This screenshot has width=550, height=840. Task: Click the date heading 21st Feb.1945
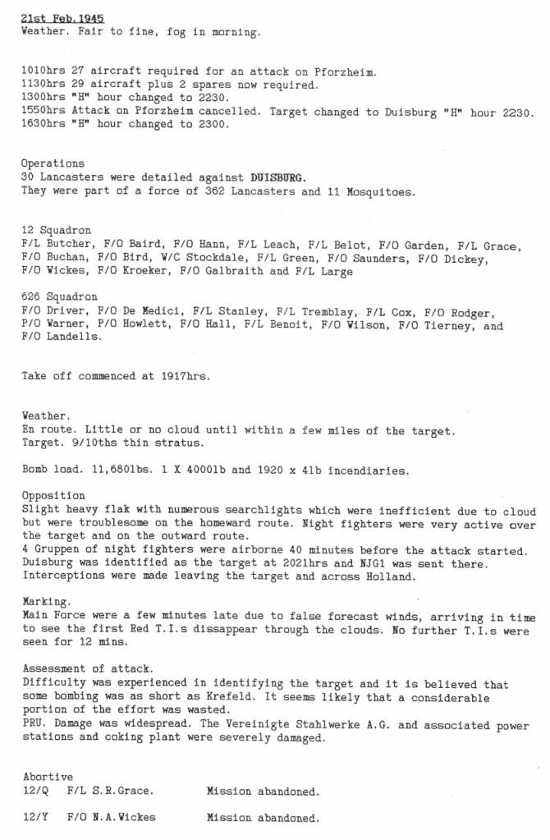63,18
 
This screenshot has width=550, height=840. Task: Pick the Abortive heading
48,776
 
